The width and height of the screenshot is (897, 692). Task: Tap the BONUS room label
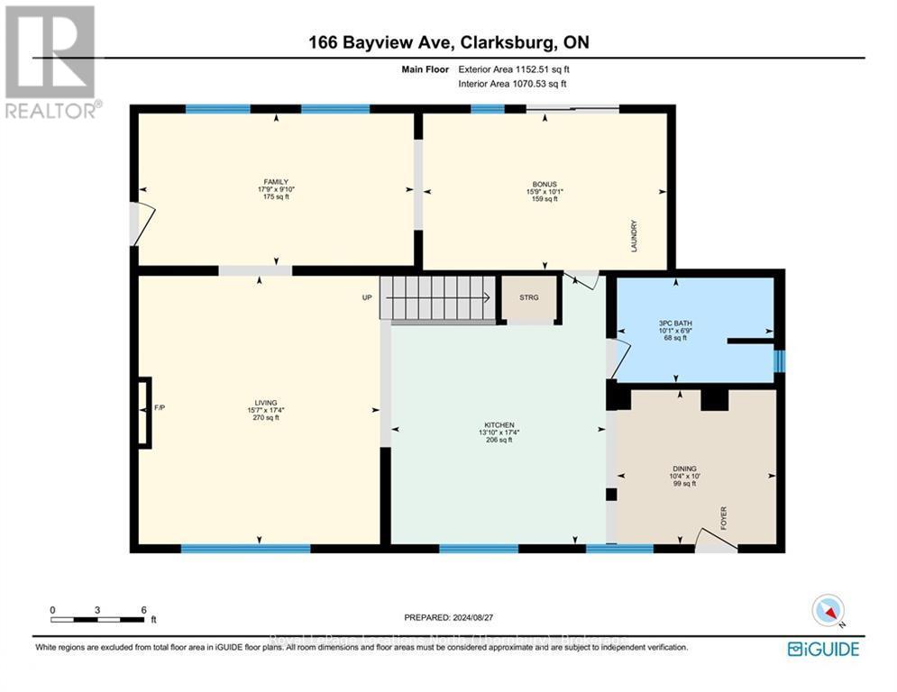[x=544, y=184]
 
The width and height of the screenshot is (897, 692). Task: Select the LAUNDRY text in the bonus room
[x=634, y=236]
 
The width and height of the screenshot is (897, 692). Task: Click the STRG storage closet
[x=528, y=297]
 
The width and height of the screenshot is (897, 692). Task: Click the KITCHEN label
[x=499, y=424]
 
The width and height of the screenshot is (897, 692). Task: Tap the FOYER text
[x=723, y=517]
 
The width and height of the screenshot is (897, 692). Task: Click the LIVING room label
[x=265, y=403]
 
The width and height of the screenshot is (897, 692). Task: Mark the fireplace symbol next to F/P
[x=143, y=413]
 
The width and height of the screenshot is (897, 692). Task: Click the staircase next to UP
[x=437, y=297]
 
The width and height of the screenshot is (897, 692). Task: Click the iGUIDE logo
[x=822, y=649]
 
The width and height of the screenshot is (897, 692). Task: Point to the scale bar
[x=97, y=619]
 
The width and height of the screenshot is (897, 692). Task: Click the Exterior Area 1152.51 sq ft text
[x=513, y=68]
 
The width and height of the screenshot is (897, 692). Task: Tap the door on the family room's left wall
[x=141, y=223]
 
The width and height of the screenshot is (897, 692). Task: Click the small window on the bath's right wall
[x=780, y=360]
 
